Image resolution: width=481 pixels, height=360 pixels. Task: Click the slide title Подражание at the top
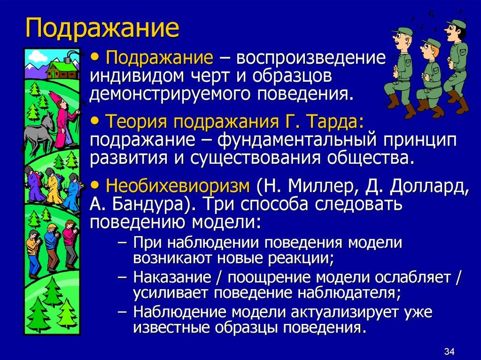[x=102, y=29]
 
